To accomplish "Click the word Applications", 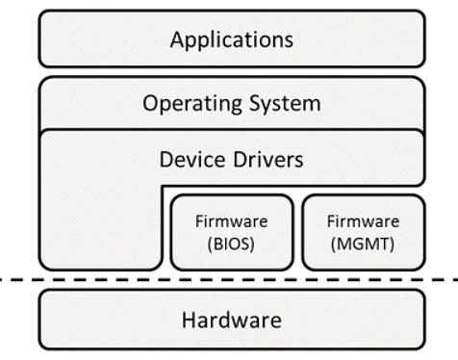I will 231,40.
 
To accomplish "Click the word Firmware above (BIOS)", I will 231,220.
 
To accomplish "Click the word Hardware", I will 231,320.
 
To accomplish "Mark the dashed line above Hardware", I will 231,280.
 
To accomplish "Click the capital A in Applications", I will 176,40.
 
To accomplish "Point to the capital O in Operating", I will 149,102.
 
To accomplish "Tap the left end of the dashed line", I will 4,280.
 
